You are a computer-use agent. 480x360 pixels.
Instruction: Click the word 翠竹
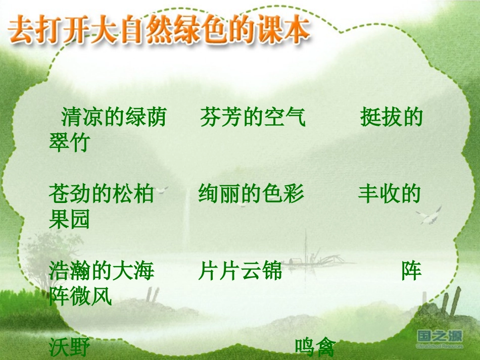pos(69,143)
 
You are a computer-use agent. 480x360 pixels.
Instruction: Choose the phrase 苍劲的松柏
pos(101,193)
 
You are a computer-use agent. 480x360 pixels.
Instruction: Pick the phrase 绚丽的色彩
pos(251,193)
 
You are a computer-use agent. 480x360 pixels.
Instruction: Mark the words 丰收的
pos(390,193)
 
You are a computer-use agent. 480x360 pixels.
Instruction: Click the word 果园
pos(69,219)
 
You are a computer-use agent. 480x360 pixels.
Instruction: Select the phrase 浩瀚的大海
pos(101,271)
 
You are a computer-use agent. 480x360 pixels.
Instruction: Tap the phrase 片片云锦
pos(239,271)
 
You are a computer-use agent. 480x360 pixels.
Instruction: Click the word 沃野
pos(69,347)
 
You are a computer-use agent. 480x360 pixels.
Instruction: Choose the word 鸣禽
pos(315,347)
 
